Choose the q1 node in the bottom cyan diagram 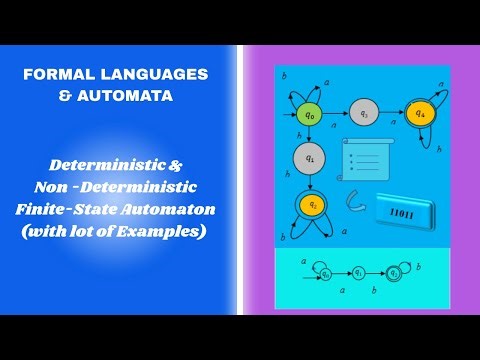360,271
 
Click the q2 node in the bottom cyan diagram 397,271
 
